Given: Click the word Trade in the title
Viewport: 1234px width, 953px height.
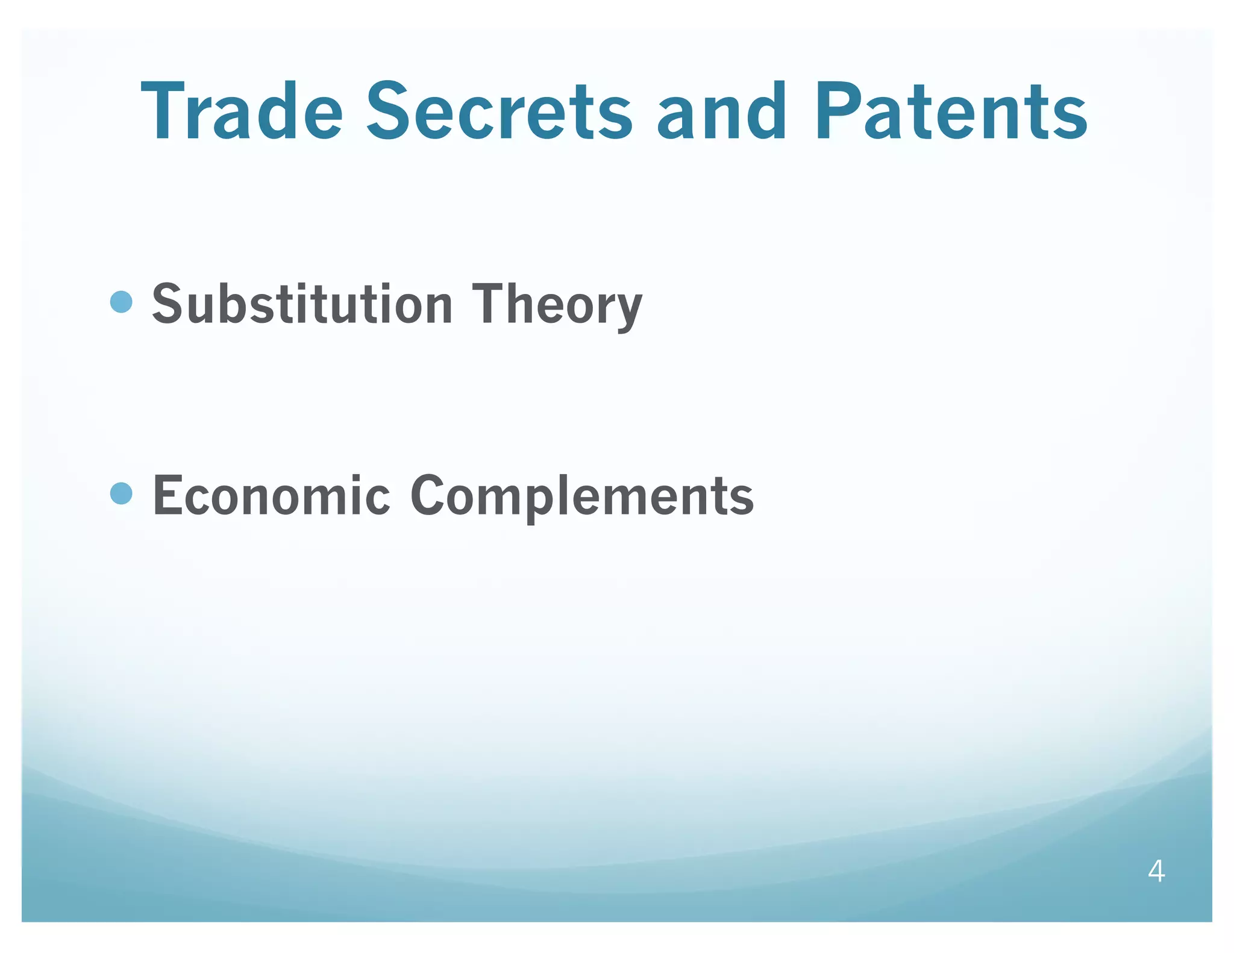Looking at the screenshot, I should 242,112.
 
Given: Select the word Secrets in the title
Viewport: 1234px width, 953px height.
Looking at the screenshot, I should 500,112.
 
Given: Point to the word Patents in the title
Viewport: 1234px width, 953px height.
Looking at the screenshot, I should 951,112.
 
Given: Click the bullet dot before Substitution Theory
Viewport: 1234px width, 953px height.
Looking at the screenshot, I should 122,302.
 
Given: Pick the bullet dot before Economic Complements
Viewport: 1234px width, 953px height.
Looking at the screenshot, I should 122,493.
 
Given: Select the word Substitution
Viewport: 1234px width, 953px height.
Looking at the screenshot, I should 302,304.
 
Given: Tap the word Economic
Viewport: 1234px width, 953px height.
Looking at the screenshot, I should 272,495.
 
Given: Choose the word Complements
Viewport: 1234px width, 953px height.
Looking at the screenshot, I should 581,496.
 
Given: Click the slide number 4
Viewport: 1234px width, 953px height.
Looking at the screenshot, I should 1156,871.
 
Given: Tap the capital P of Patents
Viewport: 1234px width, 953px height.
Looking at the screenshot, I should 841,112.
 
